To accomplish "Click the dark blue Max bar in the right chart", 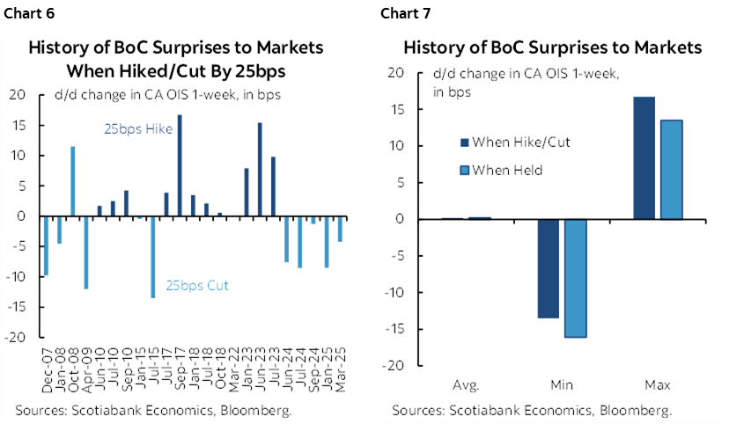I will click(644, 157).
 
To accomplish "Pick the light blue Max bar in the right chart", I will click(671, 169).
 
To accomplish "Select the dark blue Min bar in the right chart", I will click(549, 268).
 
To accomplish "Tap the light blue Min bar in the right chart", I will click(576, 278).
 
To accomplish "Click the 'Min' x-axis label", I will click(562, 385).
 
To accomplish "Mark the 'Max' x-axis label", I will click(658, 385).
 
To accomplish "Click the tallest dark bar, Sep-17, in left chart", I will click(180, 165).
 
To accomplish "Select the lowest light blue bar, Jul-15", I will click(152, 257).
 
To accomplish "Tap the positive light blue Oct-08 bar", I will click(72, 181).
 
